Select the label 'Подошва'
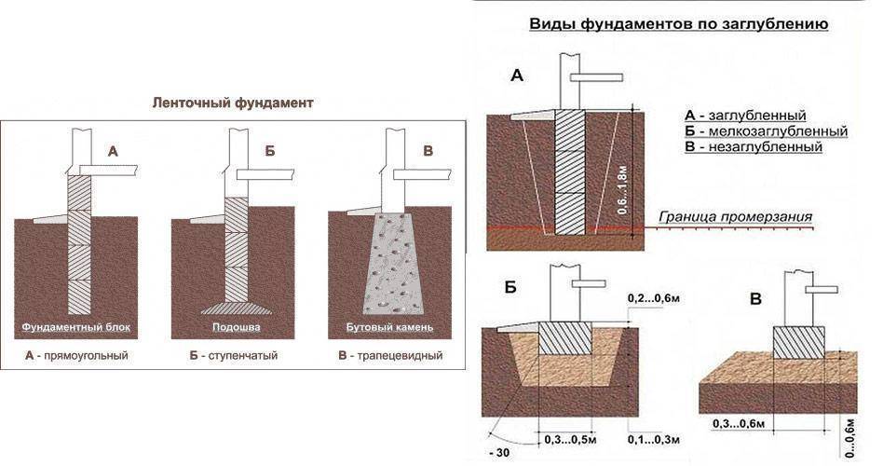click(x=233, y=328)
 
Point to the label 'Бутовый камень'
click(x=390, y=328)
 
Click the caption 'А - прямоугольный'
click(x=76, y=356)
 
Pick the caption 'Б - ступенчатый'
click(x=233, y=356)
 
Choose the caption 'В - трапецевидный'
click(x=390, y=356)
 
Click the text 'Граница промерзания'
click(x=736, y=216)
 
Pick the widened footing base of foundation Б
click(x=234, y=308)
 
